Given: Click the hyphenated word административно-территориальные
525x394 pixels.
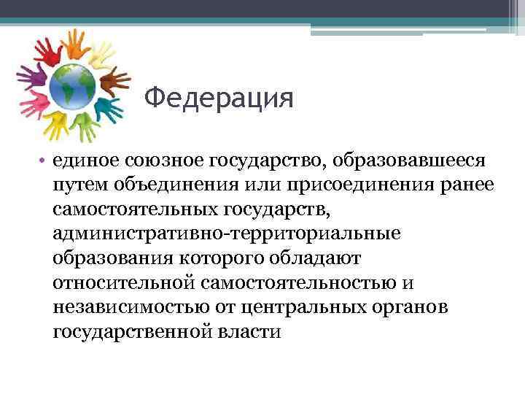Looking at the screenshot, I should coord(226,234).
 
